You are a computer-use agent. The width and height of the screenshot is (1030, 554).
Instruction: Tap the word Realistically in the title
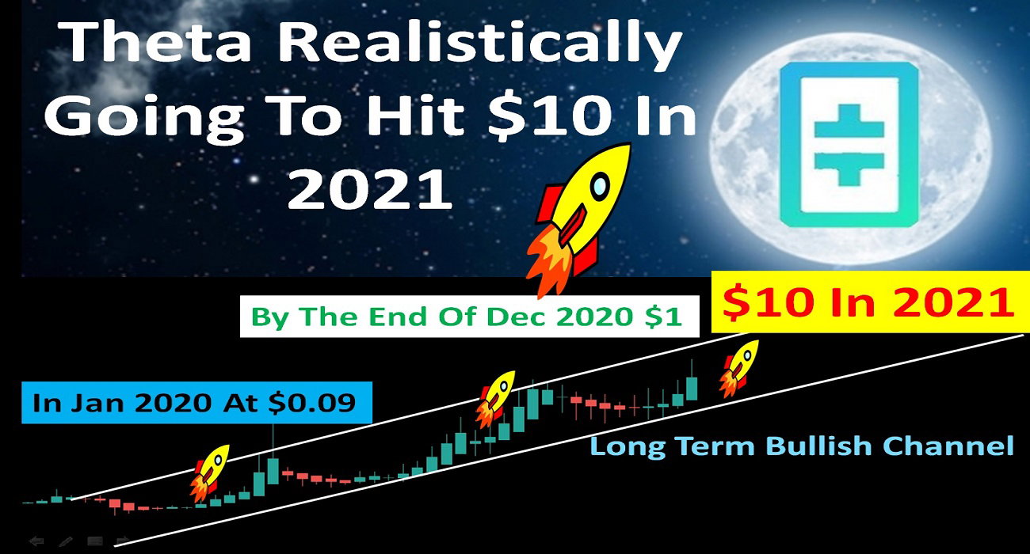(x=479, y=45)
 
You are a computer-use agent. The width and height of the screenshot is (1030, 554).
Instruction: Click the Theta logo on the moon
(x=849, y=145)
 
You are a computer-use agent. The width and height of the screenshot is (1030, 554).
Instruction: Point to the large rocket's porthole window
(x=600, y=187)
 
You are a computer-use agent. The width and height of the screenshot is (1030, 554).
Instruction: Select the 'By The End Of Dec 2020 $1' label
(x=470, y=317)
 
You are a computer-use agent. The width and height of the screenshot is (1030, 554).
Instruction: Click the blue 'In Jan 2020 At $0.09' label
(x=196, y=402)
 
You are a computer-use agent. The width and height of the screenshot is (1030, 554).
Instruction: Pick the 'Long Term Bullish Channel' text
(x=802, y=446)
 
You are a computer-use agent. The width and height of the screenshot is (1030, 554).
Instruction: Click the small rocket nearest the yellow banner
(x=739, y=368)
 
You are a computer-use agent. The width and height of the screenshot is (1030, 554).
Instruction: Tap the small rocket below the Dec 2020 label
(x=494, y=399)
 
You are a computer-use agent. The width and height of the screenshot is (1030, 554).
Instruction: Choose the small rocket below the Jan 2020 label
(x=210, y=472)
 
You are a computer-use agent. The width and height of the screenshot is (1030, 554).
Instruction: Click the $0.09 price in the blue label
(x=311, y=403)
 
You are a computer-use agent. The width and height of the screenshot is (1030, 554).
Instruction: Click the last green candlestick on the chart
(x=692, y=389)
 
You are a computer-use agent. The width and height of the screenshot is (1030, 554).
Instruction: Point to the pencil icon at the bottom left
(x=66, y=541)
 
